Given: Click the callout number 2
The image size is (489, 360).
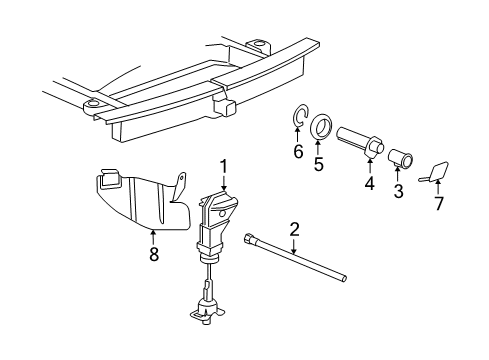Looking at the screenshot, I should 295,230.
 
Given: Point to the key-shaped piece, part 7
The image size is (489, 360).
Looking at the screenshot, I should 439,171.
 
